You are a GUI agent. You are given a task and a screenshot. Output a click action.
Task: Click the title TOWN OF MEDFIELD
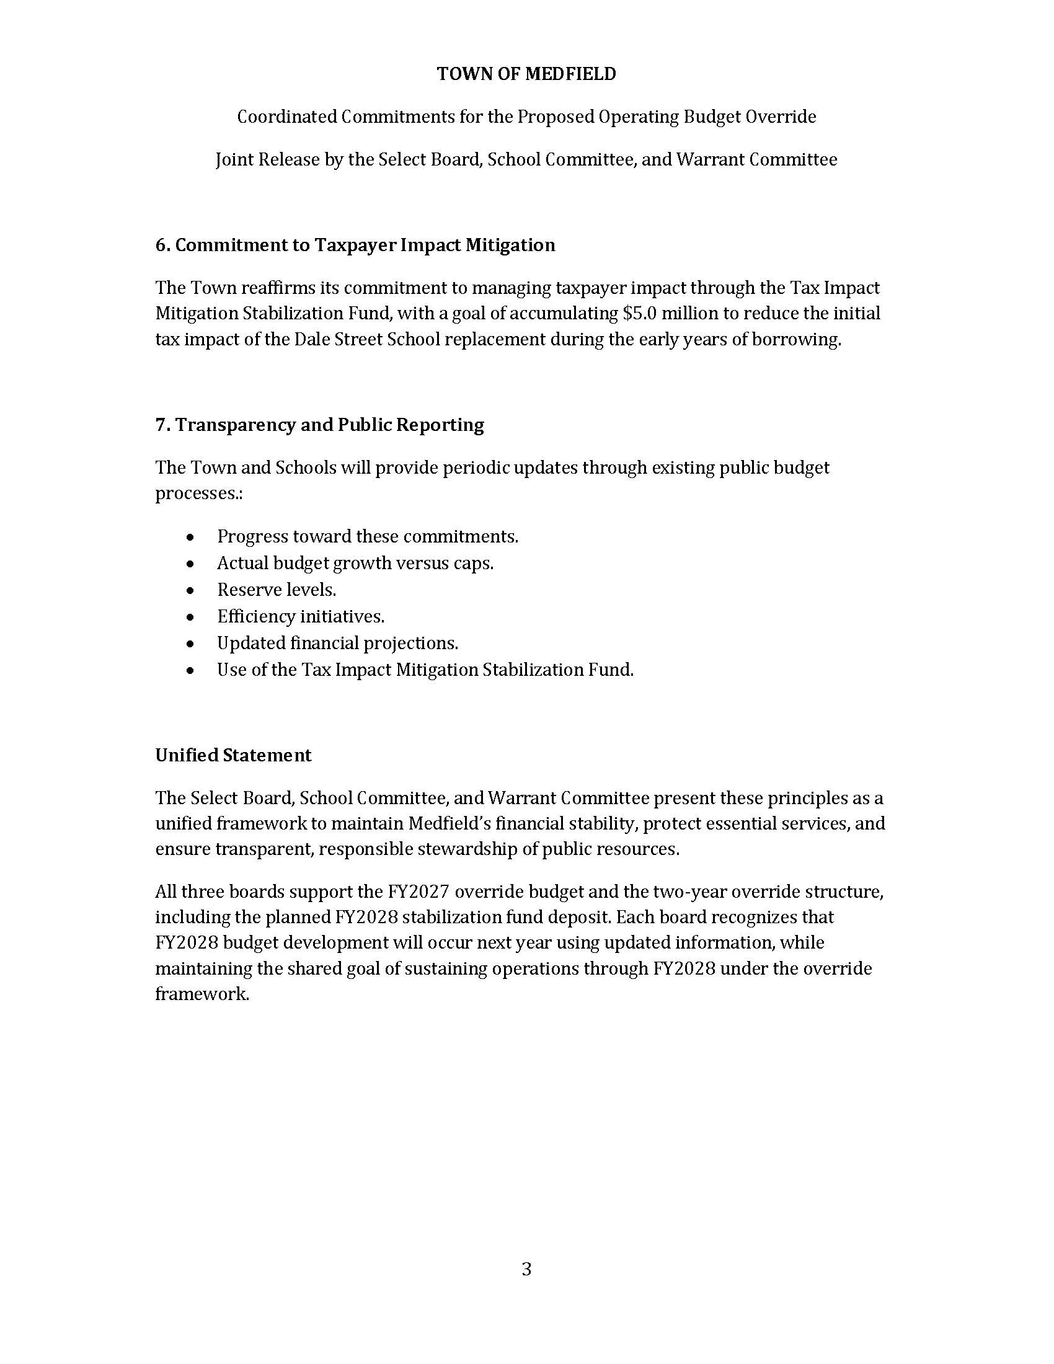click(526, 74)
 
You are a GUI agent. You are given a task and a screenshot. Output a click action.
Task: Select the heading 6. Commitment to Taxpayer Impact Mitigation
click(355, 245)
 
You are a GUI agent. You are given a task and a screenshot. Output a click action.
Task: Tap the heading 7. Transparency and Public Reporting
click(320, 425)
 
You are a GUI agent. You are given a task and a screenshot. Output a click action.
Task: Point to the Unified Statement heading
click(233, 755)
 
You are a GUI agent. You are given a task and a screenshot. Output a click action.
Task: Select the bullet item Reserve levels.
click(277, 590)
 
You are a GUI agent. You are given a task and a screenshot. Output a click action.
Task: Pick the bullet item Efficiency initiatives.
click(300, 616)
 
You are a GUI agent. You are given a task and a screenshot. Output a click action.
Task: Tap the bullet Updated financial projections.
click(337, 643)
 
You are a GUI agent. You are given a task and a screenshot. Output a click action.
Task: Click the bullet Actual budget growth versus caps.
click(355, 564)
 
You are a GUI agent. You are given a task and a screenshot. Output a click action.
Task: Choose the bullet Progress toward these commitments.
click(368, 536)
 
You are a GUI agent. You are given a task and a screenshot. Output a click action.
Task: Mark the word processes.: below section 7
click(198, 494)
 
